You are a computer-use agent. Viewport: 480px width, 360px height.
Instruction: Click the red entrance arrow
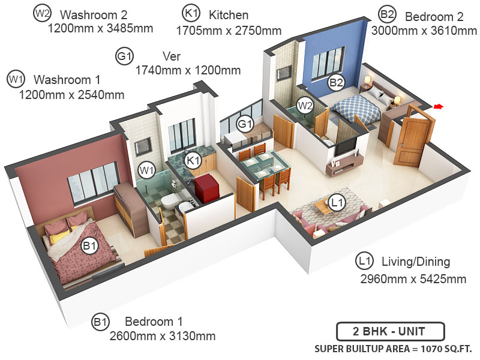click(x=438, y=107)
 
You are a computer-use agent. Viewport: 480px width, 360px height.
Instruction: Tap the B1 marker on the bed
click(x=89, y=246)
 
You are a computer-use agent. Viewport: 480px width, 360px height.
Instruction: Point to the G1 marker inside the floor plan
click(x=244, y=124)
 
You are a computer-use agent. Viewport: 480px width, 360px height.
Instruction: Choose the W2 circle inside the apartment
click(x=305, y=106)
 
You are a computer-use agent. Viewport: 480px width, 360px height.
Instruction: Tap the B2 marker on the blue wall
click(x=336, y=83)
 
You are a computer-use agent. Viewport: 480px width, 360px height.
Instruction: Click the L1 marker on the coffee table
click(x=338, y=202)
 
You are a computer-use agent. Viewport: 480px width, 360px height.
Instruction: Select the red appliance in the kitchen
click(x=208, y=186)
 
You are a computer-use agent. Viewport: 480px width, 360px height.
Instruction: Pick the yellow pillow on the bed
click(x=56, y=238)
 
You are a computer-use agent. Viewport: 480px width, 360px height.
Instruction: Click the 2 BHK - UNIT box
click(x=390, y=332)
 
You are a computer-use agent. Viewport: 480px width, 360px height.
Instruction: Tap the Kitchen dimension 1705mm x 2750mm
click(x=229, y=29)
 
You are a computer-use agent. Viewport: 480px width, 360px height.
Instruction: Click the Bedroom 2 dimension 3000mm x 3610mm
click(x=420, y=30)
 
